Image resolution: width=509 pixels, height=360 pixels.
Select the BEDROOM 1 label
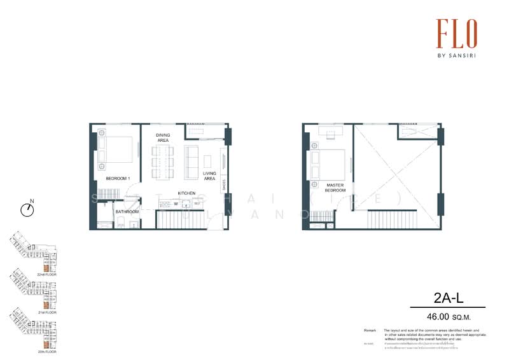[118, 179]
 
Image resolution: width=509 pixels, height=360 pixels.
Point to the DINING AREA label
[163, 137]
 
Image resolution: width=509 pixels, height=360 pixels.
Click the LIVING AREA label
[210, 176]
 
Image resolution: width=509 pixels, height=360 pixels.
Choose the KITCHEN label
[186, 193]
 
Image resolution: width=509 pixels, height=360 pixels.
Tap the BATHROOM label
[127, 211]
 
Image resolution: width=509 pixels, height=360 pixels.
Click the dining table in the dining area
[163, 162]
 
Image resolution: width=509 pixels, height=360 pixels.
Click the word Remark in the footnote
[370, 331]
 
